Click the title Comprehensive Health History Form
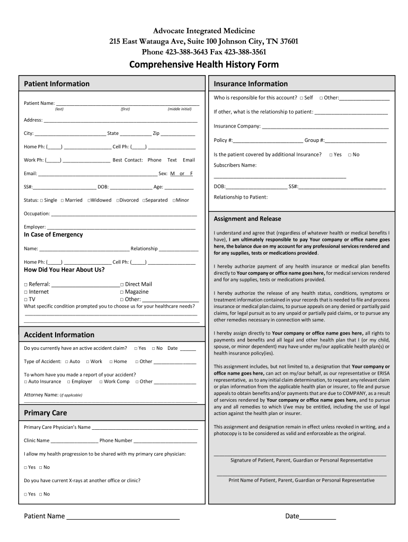(x=204, y=65)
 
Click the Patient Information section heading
(x=57, y=84)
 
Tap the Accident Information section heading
(x=59, y=335)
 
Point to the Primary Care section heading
(x=46, y=412)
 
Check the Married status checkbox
(x=63, y=201)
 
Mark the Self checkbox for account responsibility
(x=301, y=98)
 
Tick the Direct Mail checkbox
(x=122, y=284)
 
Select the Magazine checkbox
(x=122, y=292)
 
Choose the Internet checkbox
(x=26, y=292)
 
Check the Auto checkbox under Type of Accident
(x=67, y=362)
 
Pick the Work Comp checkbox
(x=101, y=382)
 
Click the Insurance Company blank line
(x=325, y=127)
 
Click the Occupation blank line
(x=124, y=214)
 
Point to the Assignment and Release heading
(x=247, y=219)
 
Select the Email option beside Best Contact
(x=189, y=160)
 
